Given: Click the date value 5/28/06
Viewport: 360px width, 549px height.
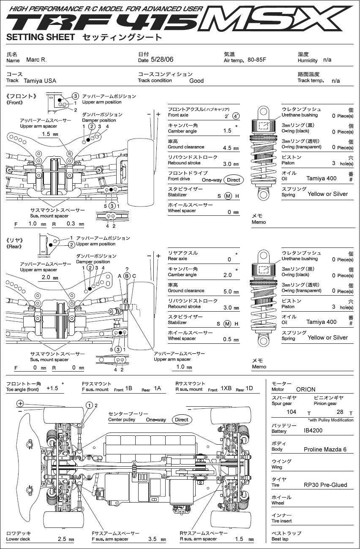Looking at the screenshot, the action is pyautogui.click(x=162, y=60).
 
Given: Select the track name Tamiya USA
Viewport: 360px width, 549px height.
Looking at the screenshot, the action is pyautogui.click(x=40, y=81).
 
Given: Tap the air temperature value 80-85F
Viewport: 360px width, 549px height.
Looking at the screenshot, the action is pyautogui.click(x=257, y=60).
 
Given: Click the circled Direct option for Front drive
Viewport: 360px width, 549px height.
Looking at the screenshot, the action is pyautogui.click(x=234, y=180).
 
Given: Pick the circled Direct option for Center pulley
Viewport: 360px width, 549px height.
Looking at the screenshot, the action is pyautogui.click(x=182, y=420).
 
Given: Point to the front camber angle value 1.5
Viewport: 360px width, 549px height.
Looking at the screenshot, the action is pyautogui.click(x=227, y=130).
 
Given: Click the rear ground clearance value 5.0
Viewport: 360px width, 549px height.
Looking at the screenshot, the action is pyautogui.click(x=228, y=291).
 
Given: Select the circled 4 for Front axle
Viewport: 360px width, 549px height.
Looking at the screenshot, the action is pyautogui.click(x=236, y=116).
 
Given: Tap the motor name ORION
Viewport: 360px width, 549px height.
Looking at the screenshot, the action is pyautogui.click(x=306, y=389).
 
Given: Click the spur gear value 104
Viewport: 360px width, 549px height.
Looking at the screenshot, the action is pyautogui.click(x=292, y=412).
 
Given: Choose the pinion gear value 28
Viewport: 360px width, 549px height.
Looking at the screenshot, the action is pyautogui.click(x=340, y=412).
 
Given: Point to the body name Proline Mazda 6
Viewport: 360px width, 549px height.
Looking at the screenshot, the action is pyautogui.click(x=325, y=449).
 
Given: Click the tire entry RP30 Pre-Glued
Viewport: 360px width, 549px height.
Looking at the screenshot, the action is pyautogui.click(x=325, y=485).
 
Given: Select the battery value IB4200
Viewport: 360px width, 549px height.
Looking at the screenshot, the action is pyautogui.click(x=313, y=430).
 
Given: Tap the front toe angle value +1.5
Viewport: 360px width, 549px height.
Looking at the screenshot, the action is pyautogui.click(x=52, y=388).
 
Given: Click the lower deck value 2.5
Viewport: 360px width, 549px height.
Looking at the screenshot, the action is pyautogui.click(x=62, y=539).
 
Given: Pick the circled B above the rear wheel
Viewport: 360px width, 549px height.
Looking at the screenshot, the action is pyautogui.click(x=127, y=276).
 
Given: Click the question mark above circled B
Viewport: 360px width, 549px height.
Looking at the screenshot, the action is pyautogui.click(x=127, y=270).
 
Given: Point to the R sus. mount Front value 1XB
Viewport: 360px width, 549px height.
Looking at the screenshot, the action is pyautogui.click(x=226, y=388).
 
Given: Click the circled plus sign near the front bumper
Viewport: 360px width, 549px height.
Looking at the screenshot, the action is pyautogui.click(x=20, y=403).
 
